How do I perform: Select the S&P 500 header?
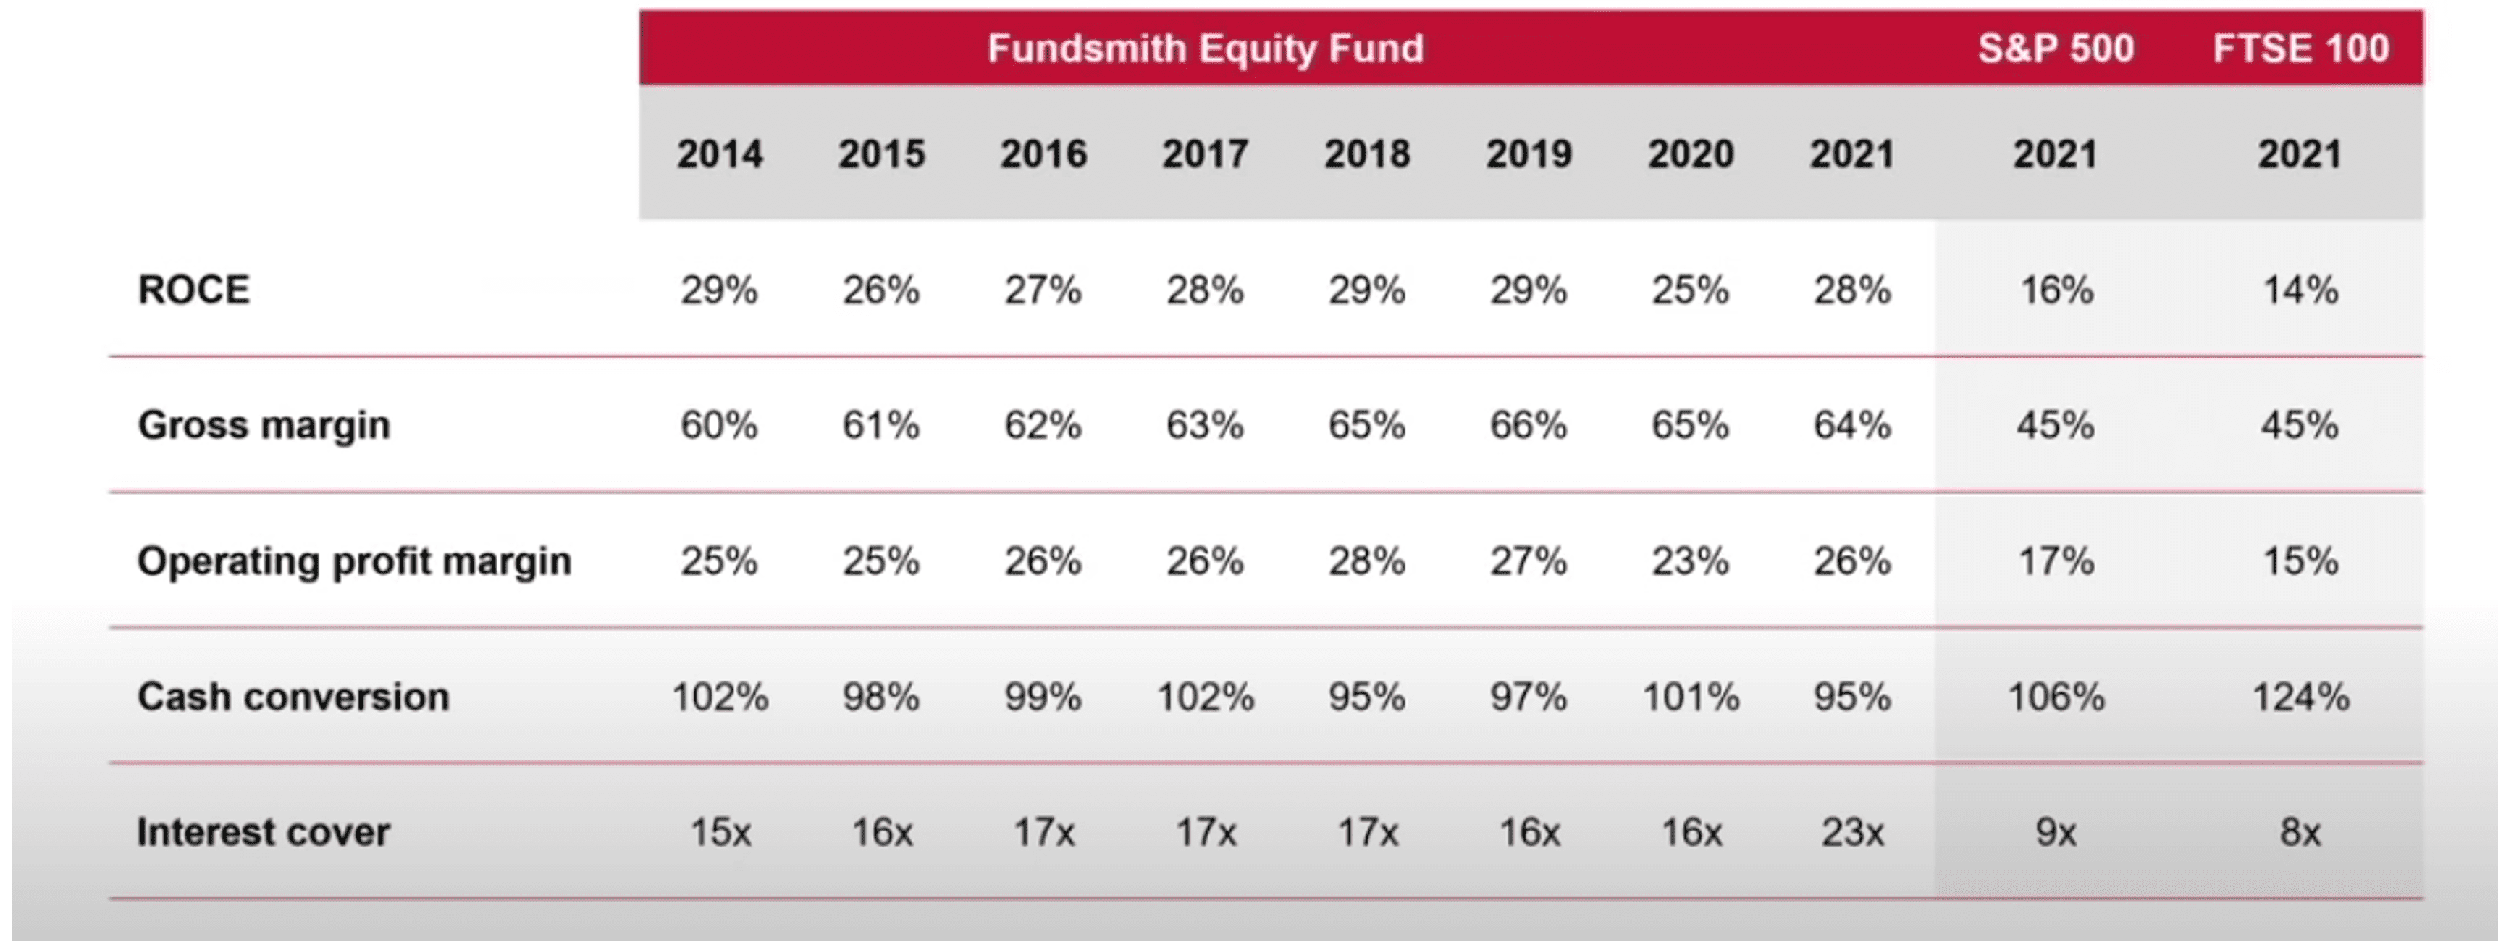click(x=2055, y=48)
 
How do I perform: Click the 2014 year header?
click(x=719, y=154)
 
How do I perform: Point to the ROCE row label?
click(x=193, y=290)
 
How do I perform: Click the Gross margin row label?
click(x=264, y=425)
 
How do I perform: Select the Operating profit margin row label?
click(x=354, y=561)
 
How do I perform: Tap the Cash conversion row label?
click(x=293, y=697)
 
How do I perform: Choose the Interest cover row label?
click(x=263, y=832)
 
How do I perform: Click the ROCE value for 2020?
click(x=1690, y=290)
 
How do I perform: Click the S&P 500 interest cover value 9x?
click(x=2055, y=832)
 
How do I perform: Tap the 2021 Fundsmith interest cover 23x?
click(x=1851, y=832)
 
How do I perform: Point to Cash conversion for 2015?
click(x=880, y=697)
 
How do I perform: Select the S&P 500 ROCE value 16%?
click(x=2055, y=290)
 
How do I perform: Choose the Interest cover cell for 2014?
click(x=719, y=832)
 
